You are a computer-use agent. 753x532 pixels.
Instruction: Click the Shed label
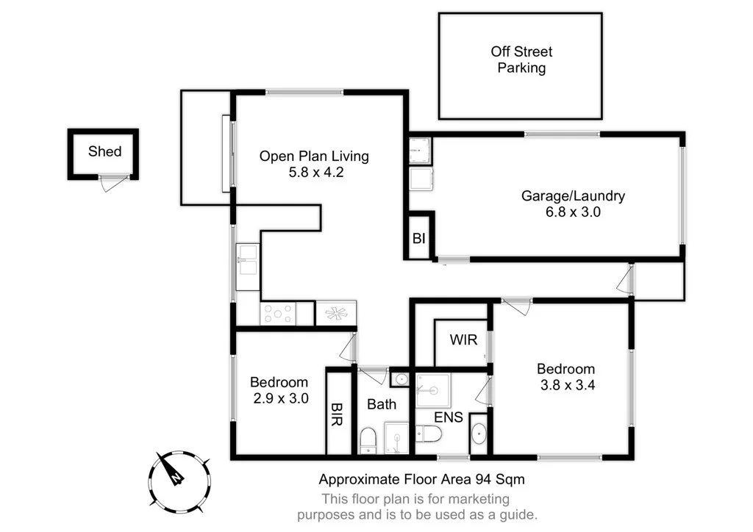tap(104, 152)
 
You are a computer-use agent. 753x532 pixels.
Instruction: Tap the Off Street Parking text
tap(521, 60)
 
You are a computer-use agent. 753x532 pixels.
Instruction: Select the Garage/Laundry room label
tap(573, 196)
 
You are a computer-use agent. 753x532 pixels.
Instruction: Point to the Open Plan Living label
tap(313, 157)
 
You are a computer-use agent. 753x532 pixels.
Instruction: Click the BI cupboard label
tap(419, 238)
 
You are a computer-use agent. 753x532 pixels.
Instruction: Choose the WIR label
tap(463, 340)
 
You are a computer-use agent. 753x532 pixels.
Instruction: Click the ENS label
tap(449, 417)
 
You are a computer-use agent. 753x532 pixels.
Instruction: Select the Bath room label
tap(382, 404)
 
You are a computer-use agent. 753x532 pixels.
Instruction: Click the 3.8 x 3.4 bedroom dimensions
tap(565, 384)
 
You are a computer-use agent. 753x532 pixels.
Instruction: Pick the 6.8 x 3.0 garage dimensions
tap(573, 212)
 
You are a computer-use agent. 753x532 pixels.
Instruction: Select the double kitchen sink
tap(247, 262)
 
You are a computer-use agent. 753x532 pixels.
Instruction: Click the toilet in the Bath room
tap(368, 439)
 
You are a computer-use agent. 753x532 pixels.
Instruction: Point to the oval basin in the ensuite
tap(479, 434)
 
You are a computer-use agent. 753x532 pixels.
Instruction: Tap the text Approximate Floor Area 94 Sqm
tap(421, 480)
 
